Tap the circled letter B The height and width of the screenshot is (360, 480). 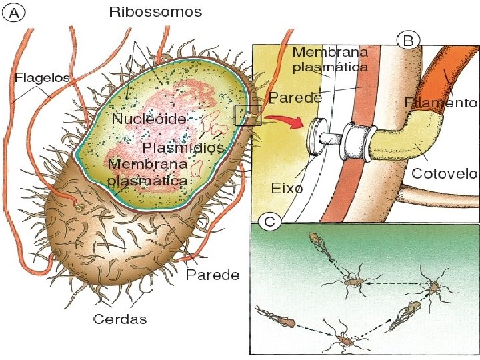coord(408,41)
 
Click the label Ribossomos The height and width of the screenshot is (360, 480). coord(156,12)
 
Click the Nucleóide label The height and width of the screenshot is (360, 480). coord(149,119)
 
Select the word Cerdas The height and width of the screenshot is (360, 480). coord(120,319)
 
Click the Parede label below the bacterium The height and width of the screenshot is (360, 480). coord(213,275)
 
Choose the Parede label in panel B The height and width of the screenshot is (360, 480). coord(296,97)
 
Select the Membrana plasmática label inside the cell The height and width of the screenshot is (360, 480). coord(147,172)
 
